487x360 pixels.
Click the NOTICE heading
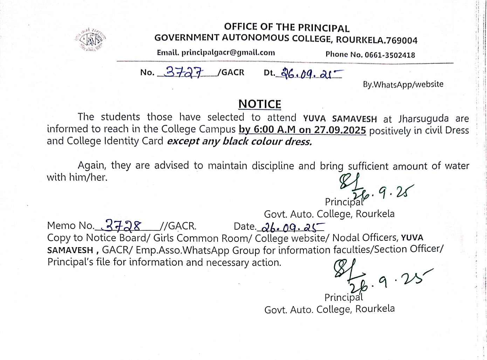pos(260,104)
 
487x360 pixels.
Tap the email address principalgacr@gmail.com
pos(228,53)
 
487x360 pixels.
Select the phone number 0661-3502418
pos(390,55)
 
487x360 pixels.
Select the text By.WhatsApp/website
pos(403,84)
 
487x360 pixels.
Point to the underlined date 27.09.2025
pos(340,130)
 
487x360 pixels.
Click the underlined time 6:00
pos(264,129)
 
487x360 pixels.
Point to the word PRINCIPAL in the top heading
pos(324,28)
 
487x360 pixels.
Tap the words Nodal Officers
pos(365,238)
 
